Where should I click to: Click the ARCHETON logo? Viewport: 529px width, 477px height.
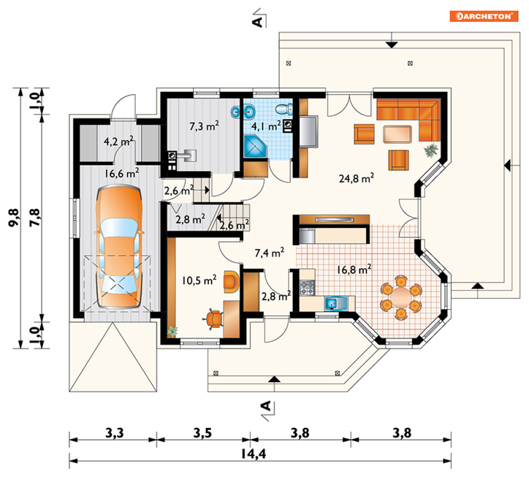point(484,16)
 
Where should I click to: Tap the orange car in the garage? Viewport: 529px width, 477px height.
point(119,246)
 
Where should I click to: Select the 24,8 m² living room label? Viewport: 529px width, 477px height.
point(356,178)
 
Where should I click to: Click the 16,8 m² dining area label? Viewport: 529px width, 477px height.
point(354,269)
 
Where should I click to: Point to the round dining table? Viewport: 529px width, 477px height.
point(401,297)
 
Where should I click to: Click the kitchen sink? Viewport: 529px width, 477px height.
point(335,303)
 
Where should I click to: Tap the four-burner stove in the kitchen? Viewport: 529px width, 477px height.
point(307,288)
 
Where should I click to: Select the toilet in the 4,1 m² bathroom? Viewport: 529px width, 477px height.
point(284,109)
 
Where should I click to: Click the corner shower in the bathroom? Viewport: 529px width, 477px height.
point(255,146)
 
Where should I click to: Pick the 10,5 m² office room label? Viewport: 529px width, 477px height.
point(199,280)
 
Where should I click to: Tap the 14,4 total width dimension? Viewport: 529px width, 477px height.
point(254,454)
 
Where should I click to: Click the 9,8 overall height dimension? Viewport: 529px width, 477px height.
point(14,217)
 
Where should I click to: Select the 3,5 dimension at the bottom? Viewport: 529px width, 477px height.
point(203,432)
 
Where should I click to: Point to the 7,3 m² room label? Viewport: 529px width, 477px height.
point(204,126)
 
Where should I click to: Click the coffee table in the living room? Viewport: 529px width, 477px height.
point(397,134)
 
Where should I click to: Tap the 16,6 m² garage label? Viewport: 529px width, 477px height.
point(121,174)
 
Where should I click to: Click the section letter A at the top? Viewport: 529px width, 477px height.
point(257,22)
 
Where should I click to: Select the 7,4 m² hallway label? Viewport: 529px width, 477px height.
point(269,252)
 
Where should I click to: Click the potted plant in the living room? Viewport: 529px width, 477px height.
point(431,150)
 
